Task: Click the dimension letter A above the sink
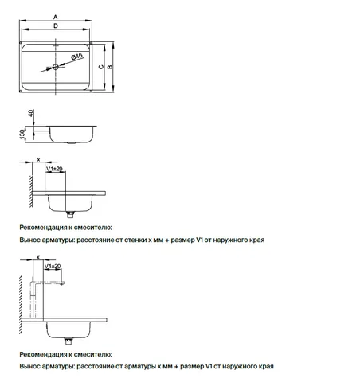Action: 55,17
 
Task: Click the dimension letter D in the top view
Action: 56,25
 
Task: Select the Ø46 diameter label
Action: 76,57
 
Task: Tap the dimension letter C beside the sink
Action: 101,67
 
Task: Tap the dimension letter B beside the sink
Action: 109,67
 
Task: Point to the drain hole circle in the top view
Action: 56,67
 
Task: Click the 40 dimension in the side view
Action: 31,113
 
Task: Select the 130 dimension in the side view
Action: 22,134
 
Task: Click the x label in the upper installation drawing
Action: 38,160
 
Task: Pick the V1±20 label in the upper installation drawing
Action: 54,169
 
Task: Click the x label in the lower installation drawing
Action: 38,257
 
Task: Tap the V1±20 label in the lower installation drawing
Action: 53,266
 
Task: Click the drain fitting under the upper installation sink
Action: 70,214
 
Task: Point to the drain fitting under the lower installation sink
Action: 68,341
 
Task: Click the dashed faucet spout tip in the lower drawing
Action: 62,283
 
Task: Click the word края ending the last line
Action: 266,367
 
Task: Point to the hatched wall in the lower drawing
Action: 21,305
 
